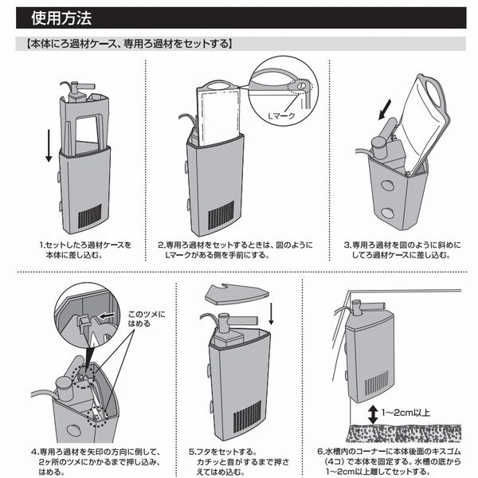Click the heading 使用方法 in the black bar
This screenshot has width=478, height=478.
pyautogui.click(x=61, y=18)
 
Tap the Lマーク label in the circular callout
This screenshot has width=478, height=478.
pyautogui.click(x=281, y=116)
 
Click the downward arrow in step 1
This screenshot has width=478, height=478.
pyautogui.click(x=49, y=146)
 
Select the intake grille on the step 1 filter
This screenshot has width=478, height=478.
pyautogui.click(x=90, y=216)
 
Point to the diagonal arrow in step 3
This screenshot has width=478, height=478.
pyautogui.click(x=385, y=110)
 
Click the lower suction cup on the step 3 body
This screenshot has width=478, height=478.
pyautogui.click(x=387, y=213)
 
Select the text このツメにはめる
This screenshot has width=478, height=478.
pyautogui.click(x=147, y=319)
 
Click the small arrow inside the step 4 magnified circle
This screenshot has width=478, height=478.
pyautogui.click(x=107, y=315)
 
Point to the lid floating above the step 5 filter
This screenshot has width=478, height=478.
pyautogui.click(x=237, y=294)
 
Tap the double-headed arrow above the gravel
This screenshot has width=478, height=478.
pyautogui.click(x=373, y=414)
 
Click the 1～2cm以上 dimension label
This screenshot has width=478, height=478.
pyautogui.click(x=406, y=413)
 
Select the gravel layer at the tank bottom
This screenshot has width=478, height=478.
pyautogui.click(x=403, y=433)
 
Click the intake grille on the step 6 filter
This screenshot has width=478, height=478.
pyautogui.click(x=377, y=383)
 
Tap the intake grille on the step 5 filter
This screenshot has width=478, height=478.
pyautogui.click(x=247, y=417)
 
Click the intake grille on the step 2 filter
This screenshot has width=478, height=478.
pyautogui.click(x=221, y=216)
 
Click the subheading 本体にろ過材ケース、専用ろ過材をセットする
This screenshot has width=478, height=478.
pyautogui.click(x=129, y=44)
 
